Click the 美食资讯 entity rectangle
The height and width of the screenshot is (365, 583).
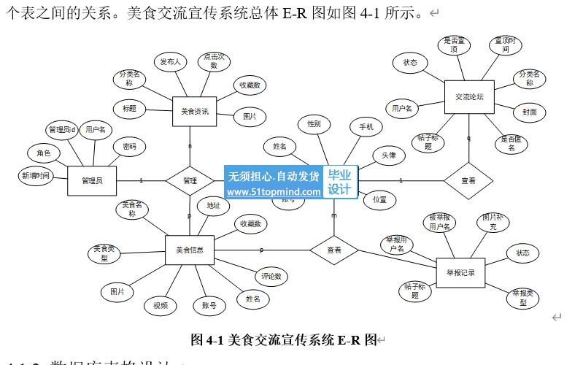[195, 112]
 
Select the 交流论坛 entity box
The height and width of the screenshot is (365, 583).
[469, 96]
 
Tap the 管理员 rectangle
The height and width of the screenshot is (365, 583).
[92, 180]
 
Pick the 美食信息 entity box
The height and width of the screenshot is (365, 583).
[189, 250]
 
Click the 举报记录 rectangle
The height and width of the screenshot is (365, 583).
[460, 273]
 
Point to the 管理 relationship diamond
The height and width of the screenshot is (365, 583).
[190, 180]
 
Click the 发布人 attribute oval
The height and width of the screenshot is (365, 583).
[170, 62]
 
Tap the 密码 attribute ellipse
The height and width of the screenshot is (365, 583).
[129, 147]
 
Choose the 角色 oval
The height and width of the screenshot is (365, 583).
[44, 153]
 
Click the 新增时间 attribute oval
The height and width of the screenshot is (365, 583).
[36, 175]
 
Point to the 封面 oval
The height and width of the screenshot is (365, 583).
[529, 112]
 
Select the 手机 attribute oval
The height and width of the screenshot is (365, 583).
[366, 127]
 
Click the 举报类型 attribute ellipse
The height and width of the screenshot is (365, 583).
[523, 297]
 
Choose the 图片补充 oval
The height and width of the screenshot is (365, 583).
[493, 222]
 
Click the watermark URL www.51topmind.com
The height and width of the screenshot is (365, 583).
[274, 193]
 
